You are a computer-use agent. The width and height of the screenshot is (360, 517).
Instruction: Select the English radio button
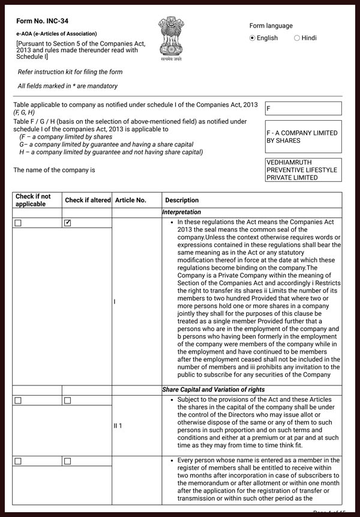point(253,38)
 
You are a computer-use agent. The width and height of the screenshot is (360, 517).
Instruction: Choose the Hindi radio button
point(297,38)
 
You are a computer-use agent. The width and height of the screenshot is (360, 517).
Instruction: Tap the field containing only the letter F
point(303,109)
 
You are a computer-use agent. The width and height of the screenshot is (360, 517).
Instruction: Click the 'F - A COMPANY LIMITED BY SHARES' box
point(303,137)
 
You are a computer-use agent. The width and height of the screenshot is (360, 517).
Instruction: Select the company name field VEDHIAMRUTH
point(303,170)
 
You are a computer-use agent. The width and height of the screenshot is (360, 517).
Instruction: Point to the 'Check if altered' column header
point(88,200)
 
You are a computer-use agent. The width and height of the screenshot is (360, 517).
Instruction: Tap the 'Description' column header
point(182,200)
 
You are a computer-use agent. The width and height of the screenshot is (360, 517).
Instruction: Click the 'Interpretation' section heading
point(182,213)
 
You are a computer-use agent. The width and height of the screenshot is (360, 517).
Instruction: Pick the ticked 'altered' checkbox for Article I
point(68,223)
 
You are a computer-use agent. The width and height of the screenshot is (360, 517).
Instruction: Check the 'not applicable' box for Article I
point(18,223)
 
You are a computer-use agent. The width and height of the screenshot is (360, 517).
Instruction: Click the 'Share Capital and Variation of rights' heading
point(214,390)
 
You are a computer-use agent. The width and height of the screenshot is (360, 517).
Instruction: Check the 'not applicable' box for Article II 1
point(18,401)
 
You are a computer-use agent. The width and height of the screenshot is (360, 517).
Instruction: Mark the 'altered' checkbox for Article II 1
point(68,401)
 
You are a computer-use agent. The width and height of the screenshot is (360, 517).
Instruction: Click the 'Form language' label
point(271,26)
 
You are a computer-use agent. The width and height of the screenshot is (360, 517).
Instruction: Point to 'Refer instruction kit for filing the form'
point(70,72)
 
